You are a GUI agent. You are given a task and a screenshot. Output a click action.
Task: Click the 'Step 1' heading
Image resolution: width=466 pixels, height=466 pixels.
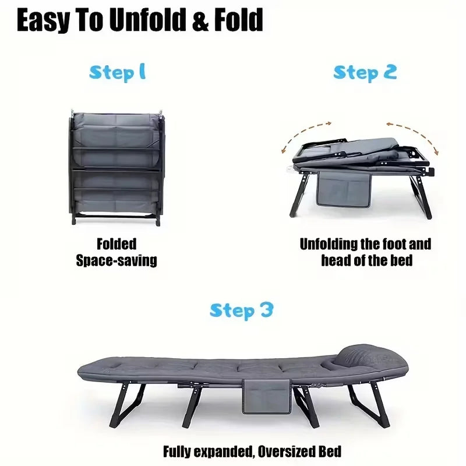(x=117, y=73)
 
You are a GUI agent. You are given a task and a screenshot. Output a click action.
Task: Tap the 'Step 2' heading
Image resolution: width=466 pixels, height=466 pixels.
(x=365, y=72)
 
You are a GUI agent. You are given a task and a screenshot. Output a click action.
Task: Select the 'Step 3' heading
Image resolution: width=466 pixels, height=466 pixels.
(x=241, y=310)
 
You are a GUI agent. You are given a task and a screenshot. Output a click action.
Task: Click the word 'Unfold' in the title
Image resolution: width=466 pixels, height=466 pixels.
(x=142, y=21)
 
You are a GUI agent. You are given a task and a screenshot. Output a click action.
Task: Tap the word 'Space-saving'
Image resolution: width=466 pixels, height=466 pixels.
(x=116, y=260)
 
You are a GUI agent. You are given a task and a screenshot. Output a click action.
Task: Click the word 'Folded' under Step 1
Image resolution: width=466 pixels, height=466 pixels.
(x=116, y=243)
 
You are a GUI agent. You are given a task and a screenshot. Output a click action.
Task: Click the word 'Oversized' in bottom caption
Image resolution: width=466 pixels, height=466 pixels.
(x=281, y=451)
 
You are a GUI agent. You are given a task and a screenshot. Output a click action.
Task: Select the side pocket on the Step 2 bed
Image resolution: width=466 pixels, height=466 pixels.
(x=345, y=190)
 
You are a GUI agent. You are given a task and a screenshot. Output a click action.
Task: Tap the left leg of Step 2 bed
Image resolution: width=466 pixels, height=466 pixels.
(x=299, y=195)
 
